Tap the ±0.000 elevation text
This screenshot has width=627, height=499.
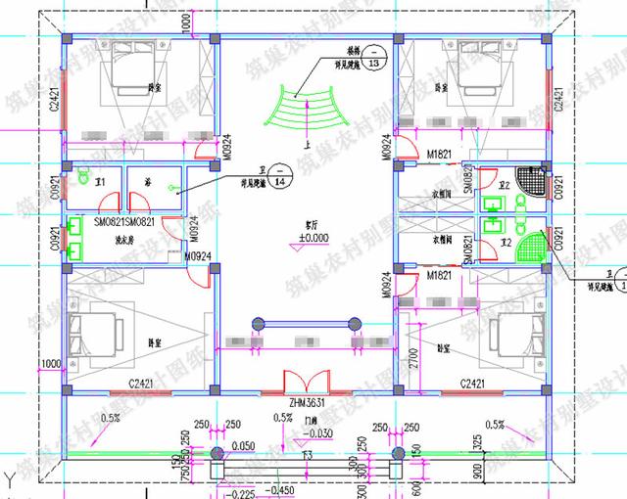pyautogui.click(x=313, y=238)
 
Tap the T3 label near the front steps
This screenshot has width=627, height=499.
pyautogui.click(x=307, y=457)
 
